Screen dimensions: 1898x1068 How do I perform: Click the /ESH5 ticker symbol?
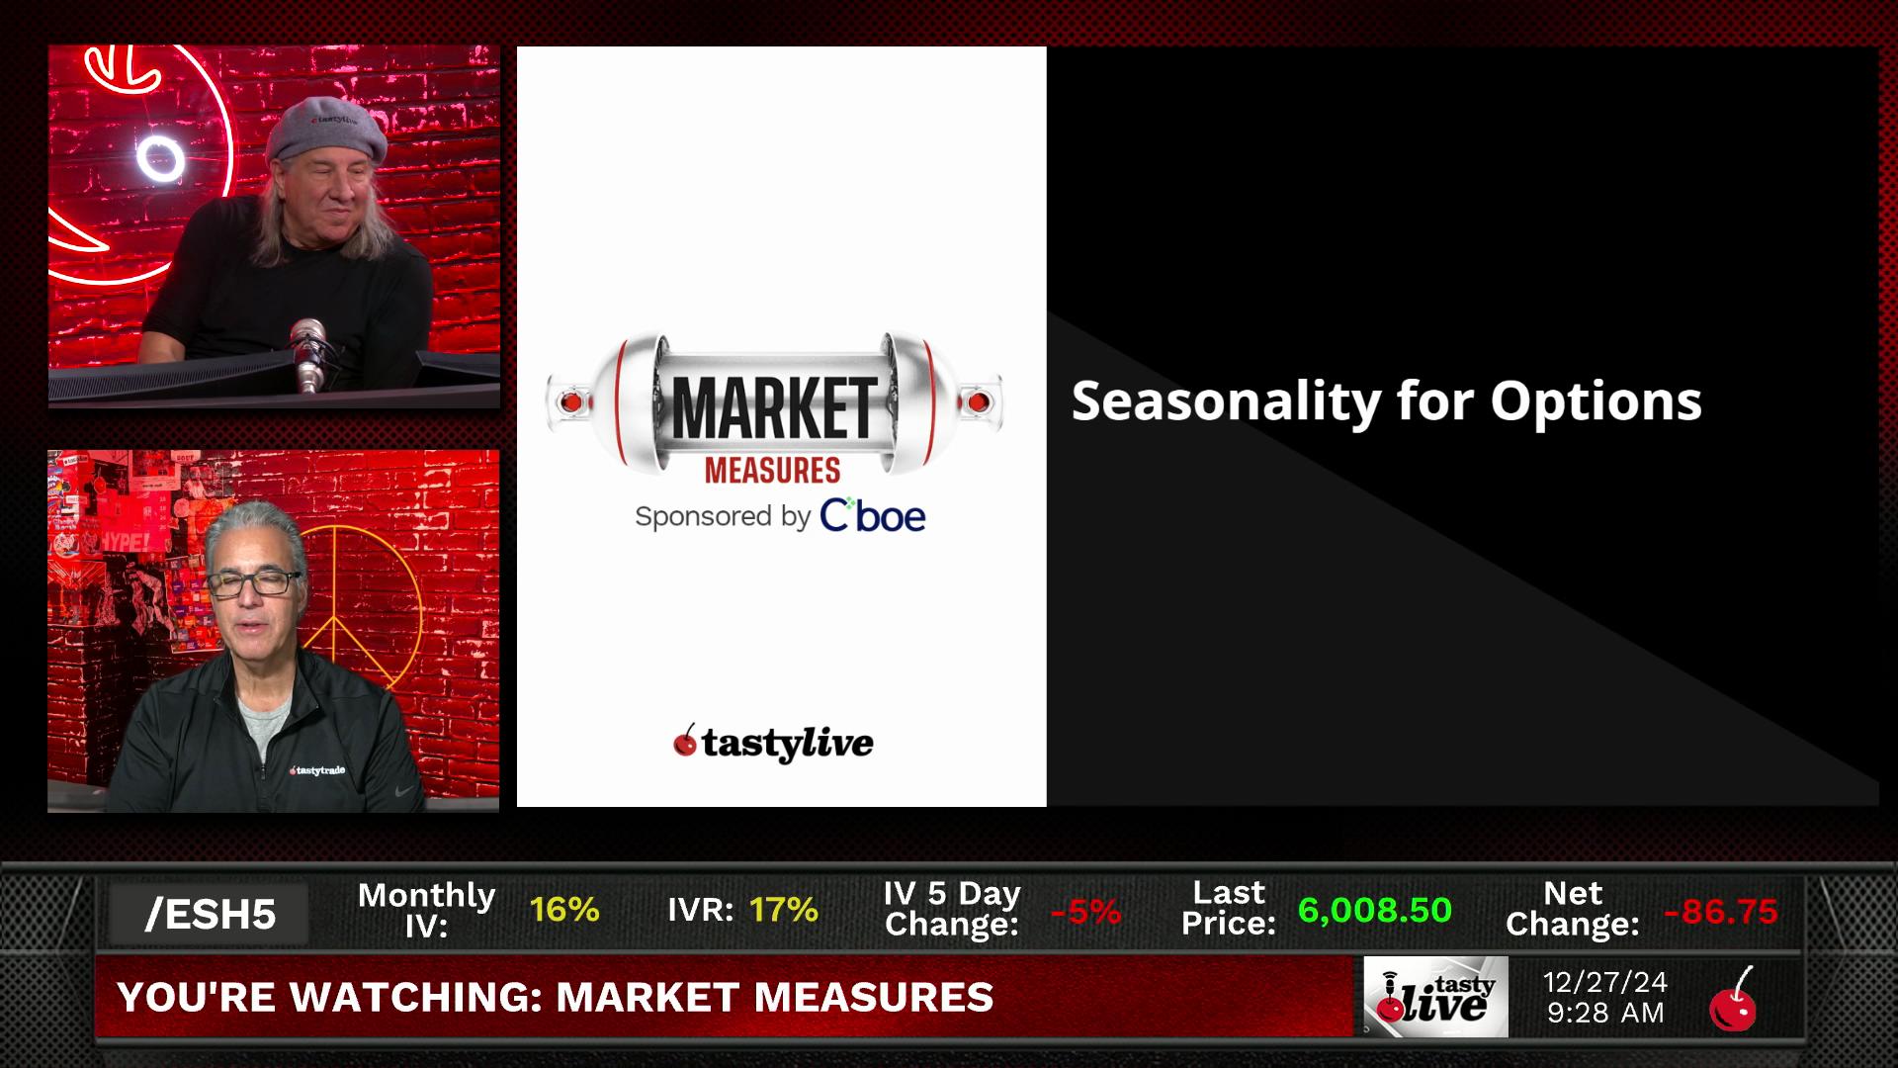pos(211,915)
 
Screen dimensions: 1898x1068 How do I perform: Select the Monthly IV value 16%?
pos(564,910)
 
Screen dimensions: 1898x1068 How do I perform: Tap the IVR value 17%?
pos(784,910)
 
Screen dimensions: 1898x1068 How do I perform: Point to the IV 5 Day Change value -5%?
pos(1085,911)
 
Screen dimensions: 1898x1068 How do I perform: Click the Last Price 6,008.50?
pos(1374,911)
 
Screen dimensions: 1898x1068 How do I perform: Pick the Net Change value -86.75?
pos(1721,912)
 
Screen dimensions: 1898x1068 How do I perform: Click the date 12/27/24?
pos(1605,982)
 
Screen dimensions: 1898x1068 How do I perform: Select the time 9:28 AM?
pos(1605,1014)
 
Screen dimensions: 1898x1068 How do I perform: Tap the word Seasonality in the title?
pos(1227,402)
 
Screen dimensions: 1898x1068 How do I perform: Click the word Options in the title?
pos(1596,402)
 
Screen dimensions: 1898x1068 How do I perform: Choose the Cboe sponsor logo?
pos(873,515)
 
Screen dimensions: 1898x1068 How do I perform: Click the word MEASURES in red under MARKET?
pos(772,471)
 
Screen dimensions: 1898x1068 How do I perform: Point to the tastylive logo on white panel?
pos(773,743)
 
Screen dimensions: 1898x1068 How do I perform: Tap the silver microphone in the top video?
pos(308,354)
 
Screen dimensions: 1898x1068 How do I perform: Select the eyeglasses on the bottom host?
pos(254,583)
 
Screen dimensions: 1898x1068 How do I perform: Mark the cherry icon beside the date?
pos(1733,1001)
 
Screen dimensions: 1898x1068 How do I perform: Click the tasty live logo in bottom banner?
pos(1436,997)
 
